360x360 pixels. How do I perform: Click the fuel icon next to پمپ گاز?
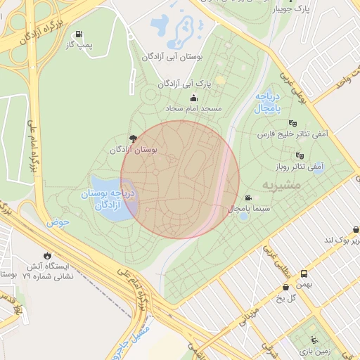click(x=79, y=34)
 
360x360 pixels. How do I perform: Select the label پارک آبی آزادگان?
click(x=184, y=84)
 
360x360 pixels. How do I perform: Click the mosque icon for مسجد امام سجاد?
click(x=193, y=98)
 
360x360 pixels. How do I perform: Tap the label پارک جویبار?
click(x=292, y=9)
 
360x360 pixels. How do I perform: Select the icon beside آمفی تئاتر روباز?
click(x=300, y=155)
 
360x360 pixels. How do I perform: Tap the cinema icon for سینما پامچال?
click(x=248, y=198)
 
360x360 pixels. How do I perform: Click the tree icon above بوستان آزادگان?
click(x=133, y=139)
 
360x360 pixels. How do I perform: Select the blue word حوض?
click(x=59, y=222)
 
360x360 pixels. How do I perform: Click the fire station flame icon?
click(x=47, y=255)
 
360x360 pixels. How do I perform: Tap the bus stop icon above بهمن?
click(x=304, y=274)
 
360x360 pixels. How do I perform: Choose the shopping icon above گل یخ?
click(x=285, y=287)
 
